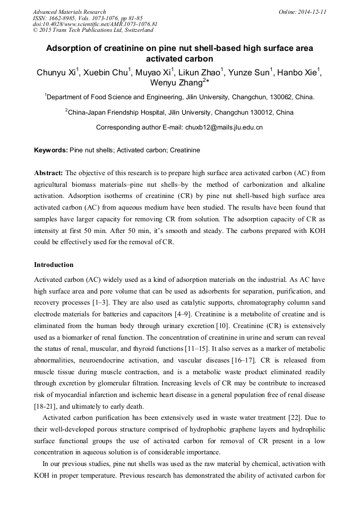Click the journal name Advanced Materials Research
[69, 12]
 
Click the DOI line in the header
[95, 24]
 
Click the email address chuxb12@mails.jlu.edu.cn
[224, 127]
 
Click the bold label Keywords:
[51, 150]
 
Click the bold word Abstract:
[49, 173]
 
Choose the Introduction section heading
[54, 264]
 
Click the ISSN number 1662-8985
[62, 18]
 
